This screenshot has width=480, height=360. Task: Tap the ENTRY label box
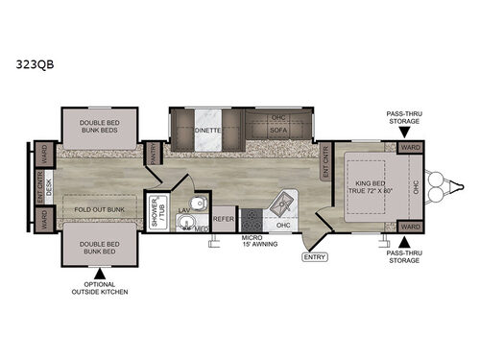pyautogui.click(x=315, y=255)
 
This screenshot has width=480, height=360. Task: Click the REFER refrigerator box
pyautogui.click(x=224, y=219)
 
